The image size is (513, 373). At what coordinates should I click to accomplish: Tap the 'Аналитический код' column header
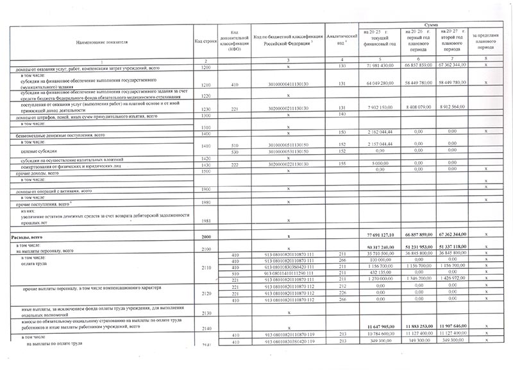click(341, 40)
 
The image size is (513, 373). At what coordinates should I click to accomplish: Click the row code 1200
click(206, 67)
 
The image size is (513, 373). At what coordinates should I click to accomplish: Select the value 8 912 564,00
click(455, 107)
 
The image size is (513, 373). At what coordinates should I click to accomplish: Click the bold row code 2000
click(206, 238)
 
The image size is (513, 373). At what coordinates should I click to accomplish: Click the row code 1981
click(206, 220)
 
